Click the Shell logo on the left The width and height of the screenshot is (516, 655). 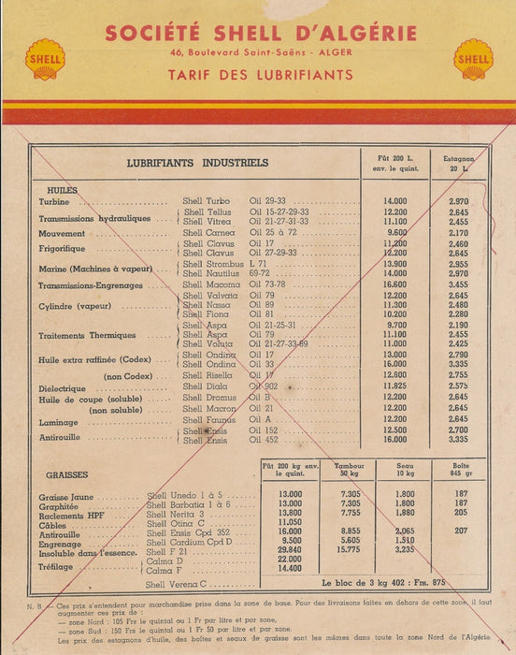pos(44,59)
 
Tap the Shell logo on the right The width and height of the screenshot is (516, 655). pos(473,59)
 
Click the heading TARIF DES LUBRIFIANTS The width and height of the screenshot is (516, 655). pos(261,74)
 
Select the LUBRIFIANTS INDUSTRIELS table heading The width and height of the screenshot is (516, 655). pos(197,162)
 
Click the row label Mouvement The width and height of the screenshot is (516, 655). pos(63,233)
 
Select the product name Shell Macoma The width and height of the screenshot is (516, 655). pos(211,284)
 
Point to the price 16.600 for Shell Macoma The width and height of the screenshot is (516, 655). pos(395,284)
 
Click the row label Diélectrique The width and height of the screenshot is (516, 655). pos(69,387)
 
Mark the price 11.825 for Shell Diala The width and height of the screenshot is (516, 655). pos(395,386)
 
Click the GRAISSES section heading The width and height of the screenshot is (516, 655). pos(67,474)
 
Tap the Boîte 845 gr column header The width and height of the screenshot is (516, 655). pos(460,469)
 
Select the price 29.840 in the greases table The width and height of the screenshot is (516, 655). pos(291,550)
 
